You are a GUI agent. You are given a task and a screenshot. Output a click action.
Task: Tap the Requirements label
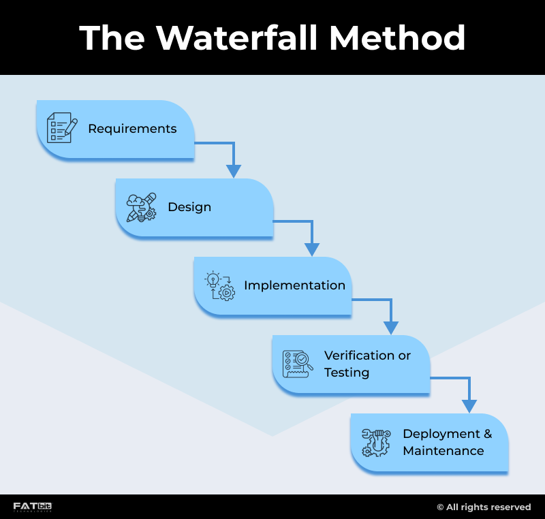(x=132, y=129)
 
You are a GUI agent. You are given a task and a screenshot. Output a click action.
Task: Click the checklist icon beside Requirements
(x=61, y=128)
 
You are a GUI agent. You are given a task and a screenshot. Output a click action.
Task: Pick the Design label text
(x=189, y=207)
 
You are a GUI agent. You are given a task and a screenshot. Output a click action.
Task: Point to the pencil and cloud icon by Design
(x=141, y=207)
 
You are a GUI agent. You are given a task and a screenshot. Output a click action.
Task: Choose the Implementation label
(x=294, y=285)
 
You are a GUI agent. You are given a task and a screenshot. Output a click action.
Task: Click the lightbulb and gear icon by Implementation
(x=219, y=285)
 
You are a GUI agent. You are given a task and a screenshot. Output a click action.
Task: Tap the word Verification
(x=359, y=356)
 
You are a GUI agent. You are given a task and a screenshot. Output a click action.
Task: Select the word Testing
(x=347, y=373)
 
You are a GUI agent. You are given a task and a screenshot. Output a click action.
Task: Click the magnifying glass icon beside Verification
(x=298, y=364)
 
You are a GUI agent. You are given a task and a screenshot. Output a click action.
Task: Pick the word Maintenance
(x=443, y=451)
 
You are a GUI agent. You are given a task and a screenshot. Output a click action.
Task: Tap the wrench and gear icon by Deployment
(x=376, y=442)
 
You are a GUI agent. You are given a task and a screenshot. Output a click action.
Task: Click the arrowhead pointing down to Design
(x=234, y=170)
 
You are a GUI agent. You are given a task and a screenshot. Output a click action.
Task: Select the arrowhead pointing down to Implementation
(x=312, y=249)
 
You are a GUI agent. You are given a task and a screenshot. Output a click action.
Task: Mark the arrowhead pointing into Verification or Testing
(x=390, y=327)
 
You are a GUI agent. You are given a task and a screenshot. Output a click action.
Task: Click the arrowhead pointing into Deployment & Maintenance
(x=469, y=405)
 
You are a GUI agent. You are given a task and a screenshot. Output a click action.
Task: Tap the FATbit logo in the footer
(x=33, y=507)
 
